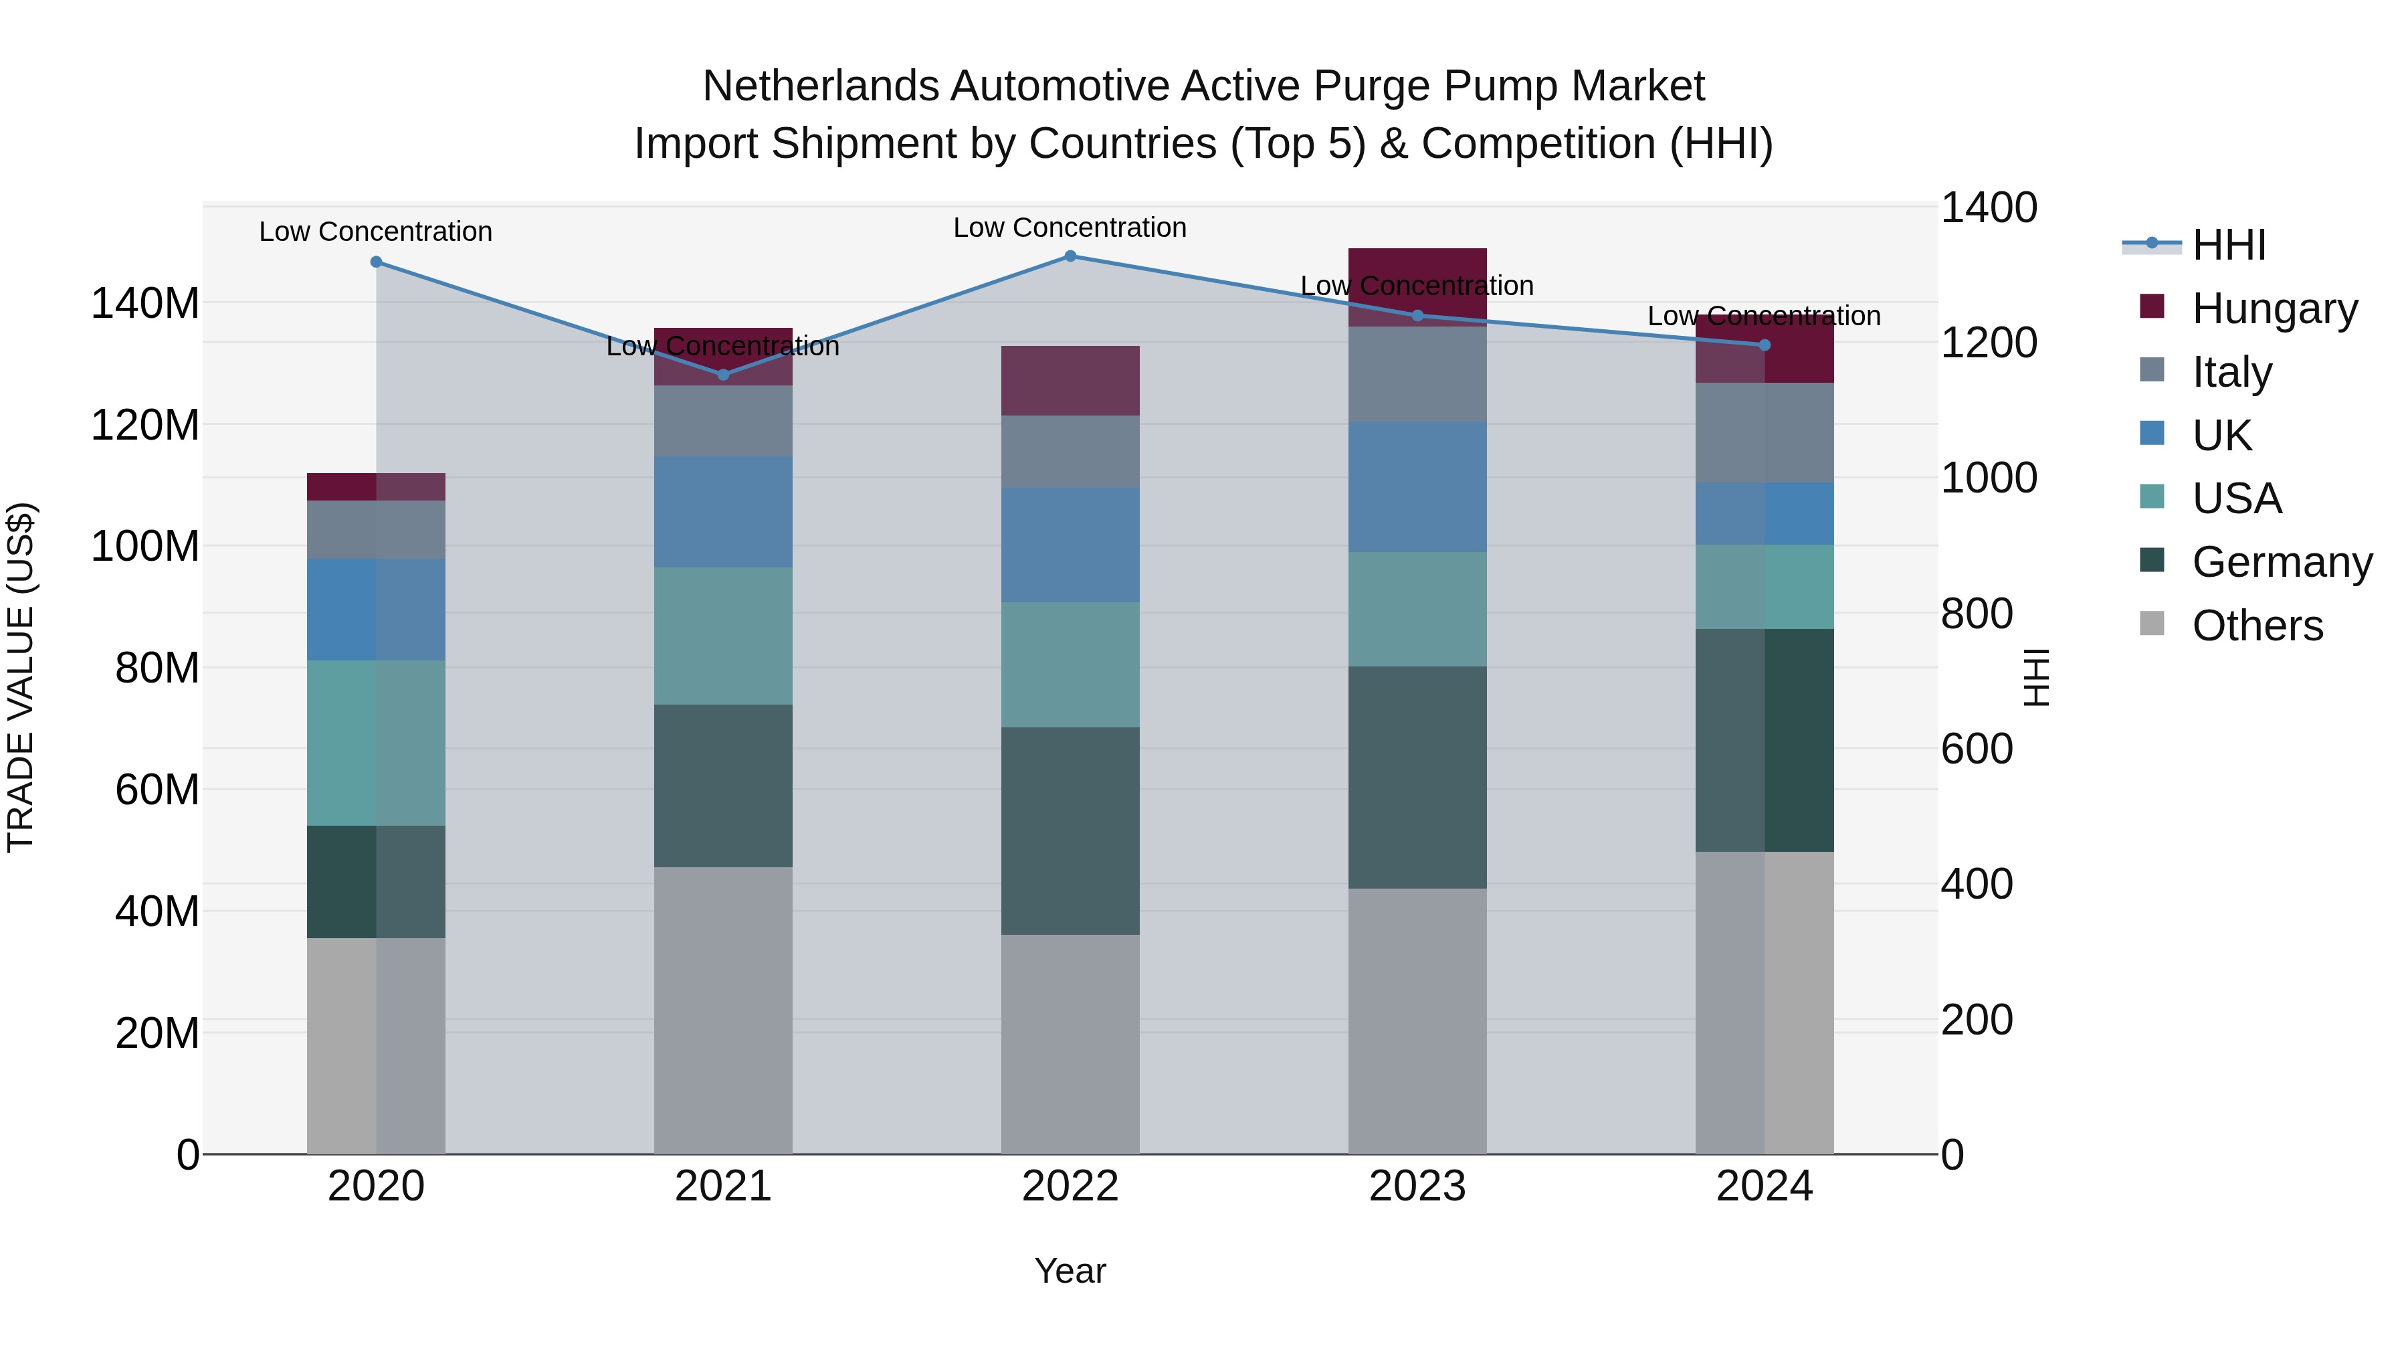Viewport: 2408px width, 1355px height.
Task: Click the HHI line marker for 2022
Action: point(1070,256)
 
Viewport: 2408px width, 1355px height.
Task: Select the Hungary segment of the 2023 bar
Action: point(1417,286)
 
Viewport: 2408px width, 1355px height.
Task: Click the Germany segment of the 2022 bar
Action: point(1070,830)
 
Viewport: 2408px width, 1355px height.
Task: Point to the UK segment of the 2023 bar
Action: point(1417,486)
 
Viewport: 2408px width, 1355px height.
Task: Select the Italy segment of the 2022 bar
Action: point(1070,452)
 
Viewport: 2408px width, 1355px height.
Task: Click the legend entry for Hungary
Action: point(2274,308)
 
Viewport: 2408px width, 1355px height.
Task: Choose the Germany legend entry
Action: point(2281,562)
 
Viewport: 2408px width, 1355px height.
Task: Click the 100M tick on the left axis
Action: point(145,546)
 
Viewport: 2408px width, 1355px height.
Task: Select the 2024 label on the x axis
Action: point(1764,1186)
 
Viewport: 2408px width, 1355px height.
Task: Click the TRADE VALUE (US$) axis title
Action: point(21,677)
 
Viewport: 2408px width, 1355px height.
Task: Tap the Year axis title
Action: point(1070,1271)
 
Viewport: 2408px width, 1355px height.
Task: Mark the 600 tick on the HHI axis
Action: point(1976,749)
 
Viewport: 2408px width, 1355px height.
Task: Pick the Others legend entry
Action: point(2257,626)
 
